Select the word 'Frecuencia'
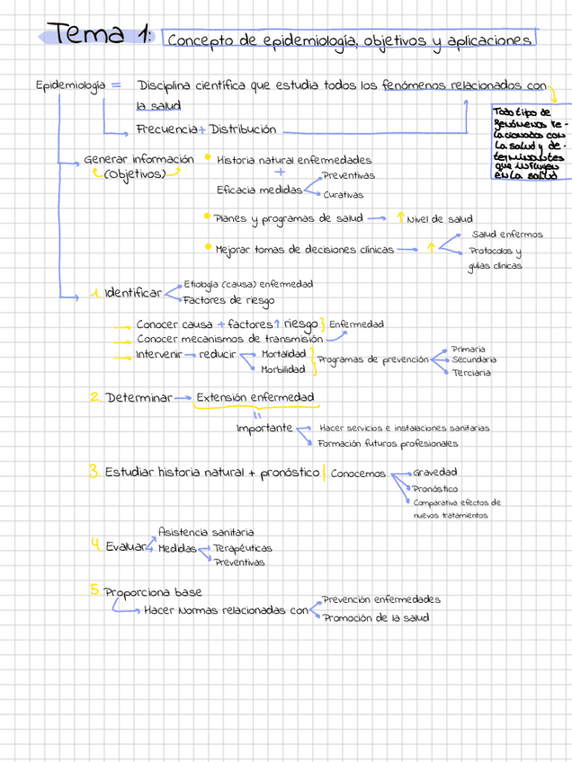pos(166,129)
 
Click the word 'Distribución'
pos(243,129)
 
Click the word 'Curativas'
pos(344,195)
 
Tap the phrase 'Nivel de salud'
pos(440,218)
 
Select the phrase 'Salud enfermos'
pos(507,235)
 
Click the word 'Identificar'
pos(134,293)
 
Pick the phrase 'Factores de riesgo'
pos(228,300)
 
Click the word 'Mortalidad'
pos(283,354)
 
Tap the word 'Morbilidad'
pos(283,369)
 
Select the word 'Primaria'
pos(469,348)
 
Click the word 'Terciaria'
pos(472,373)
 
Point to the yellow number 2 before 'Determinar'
pos(94,396)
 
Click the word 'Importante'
pos(264,428)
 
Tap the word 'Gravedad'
pos(435,472)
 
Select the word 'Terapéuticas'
pos(243,547)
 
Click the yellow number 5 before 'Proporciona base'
pos(94,590)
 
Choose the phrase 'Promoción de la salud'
pos(377,617)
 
